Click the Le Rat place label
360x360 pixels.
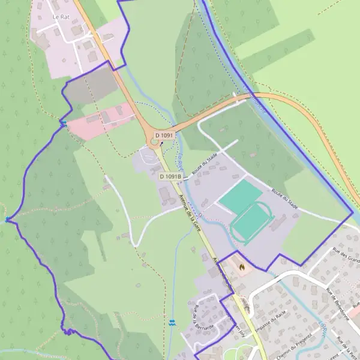(x=60, y=17)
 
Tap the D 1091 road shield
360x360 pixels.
(x=164, y=136)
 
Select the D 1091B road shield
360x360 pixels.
(x=170, y=176)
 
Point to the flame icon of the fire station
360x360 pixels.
(x=241, y=265)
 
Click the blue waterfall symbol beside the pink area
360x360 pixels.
(x=63, y=124)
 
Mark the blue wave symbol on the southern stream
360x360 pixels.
(x=173, y=323)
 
